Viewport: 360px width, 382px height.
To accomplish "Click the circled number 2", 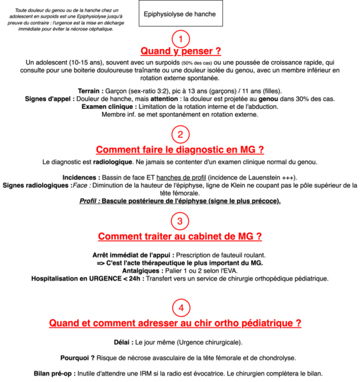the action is tap(181, 135).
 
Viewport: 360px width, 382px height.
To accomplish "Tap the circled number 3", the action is tap(180, 221).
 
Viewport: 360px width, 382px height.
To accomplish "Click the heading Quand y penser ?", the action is tap(180, 51).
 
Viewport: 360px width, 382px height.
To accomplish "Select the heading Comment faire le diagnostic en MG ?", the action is tap(180, 150).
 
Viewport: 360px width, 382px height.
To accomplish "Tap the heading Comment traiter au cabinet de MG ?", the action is tap(180, 236).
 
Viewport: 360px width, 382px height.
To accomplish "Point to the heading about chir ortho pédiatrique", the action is tap(175, 323).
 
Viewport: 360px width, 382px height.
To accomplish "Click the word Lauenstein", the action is tap(267, 178).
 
